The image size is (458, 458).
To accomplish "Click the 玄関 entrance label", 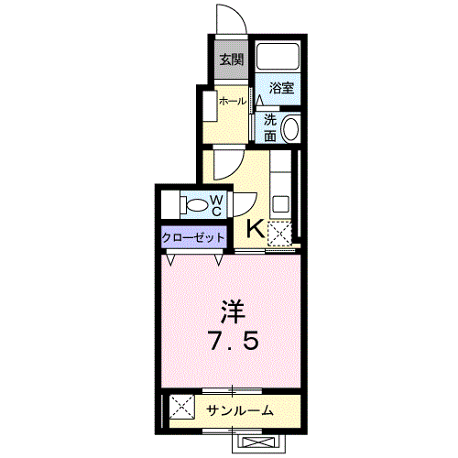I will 231,61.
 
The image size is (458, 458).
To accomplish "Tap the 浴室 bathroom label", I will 281,88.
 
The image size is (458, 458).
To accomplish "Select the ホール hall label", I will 232,102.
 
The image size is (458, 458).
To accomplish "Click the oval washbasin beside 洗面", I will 291,129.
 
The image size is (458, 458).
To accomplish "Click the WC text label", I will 217,204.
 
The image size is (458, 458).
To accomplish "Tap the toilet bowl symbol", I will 193,204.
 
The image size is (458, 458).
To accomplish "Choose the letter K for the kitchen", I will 256,230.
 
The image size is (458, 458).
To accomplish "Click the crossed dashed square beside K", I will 280,234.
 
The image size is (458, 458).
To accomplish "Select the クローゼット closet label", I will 193,238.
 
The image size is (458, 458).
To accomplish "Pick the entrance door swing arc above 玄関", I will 229,20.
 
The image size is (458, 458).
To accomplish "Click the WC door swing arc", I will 246,203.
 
